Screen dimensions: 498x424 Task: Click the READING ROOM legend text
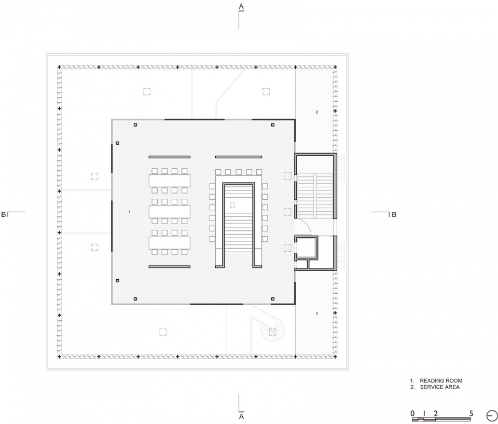point(441,380)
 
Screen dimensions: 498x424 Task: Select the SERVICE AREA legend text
point(439,387)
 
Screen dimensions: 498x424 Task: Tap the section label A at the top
point(241,6)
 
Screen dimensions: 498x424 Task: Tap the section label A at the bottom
point(241,416)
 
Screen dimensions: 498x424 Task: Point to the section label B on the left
point(4,214)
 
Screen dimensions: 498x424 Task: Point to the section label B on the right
point(394,214)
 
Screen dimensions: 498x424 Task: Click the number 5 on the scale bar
point(472,413)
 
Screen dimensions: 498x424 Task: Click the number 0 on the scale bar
point(412,413)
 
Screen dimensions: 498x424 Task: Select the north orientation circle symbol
point(492,416)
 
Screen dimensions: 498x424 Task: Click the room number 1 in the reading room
point(129,212)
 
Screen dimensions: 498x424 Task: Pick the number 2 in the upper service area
point(316,112)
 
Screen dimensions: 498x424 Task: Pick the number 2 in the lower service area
point(316,313)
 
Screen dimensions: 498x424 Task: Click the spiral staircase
point(272,331)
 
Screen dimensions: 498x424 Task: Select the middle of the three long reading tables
point(170,212)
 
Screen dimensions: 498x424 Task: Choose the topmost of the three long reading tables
point(170,181)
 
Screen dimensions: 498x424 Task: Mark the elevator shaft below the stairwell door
point(306,248)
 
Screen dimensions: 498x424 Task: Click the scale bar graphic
point(441,419)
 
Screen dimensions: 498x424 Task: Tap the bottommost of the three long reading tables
point(170,243)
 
